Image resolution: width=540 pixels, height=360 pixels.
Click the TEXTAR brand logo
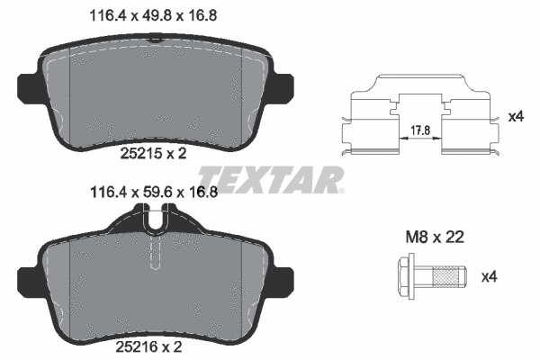pos(271,180)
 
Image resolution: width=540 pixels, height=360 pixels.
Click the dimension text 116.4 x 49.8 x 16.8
pos(153,16)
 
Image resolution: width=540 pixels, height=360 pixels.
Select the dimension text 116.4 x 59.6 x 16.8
pos(154,193)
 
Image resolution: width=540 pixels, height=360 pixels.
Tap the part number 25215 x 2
pos(153,154)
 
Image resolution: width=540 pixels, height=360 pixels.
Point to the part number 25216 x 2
pos(148,346)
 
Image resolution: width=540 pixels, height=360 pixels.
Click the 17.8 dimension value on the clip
pos(420,130)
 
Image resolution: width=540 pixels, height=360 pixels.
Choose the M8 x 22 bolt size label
pos(435,237)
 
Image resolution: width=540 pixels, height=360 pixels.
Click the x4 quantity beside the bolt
pos(489,276)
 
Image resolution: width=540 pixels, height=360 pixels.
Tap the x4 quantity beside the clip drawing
pos(517,116)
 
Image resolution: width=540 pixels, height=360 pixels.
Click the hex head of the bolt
pos(407,276)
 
